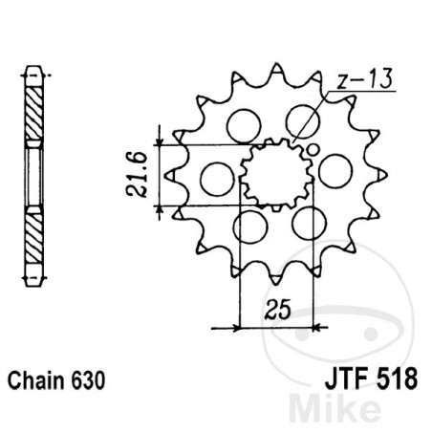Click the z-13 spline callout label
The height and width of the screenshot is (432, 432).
(x=365, y=78)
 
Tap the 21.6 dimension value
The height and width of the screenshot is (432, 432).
(x=138, y=175)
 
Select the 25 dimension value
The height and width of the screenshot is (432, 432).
(x=278, y=309)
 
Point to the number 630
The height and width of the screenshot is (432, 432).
(x=88, y=380)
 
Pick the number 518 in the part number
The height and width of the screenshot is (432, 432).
(x=397, y=378)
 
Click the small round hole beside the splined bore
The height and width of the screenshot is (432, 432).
(x=313, y=150)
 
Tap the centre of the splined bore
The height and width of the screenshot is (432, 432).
(x=276, y=175)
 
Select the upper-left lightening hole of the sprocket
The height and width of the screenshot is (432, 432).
(x=244, y=125)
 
